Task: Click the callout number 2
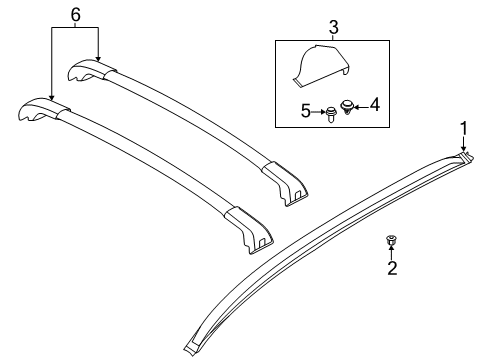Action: (x=392, y=267)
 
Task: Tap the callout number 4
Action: (x=374, y=102)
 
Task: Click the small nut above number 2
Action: (x=391, y=241)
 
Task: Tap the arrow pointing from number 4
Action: (x=362, y=103)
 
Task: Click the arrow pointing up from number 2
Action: (x=392, y=253)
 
